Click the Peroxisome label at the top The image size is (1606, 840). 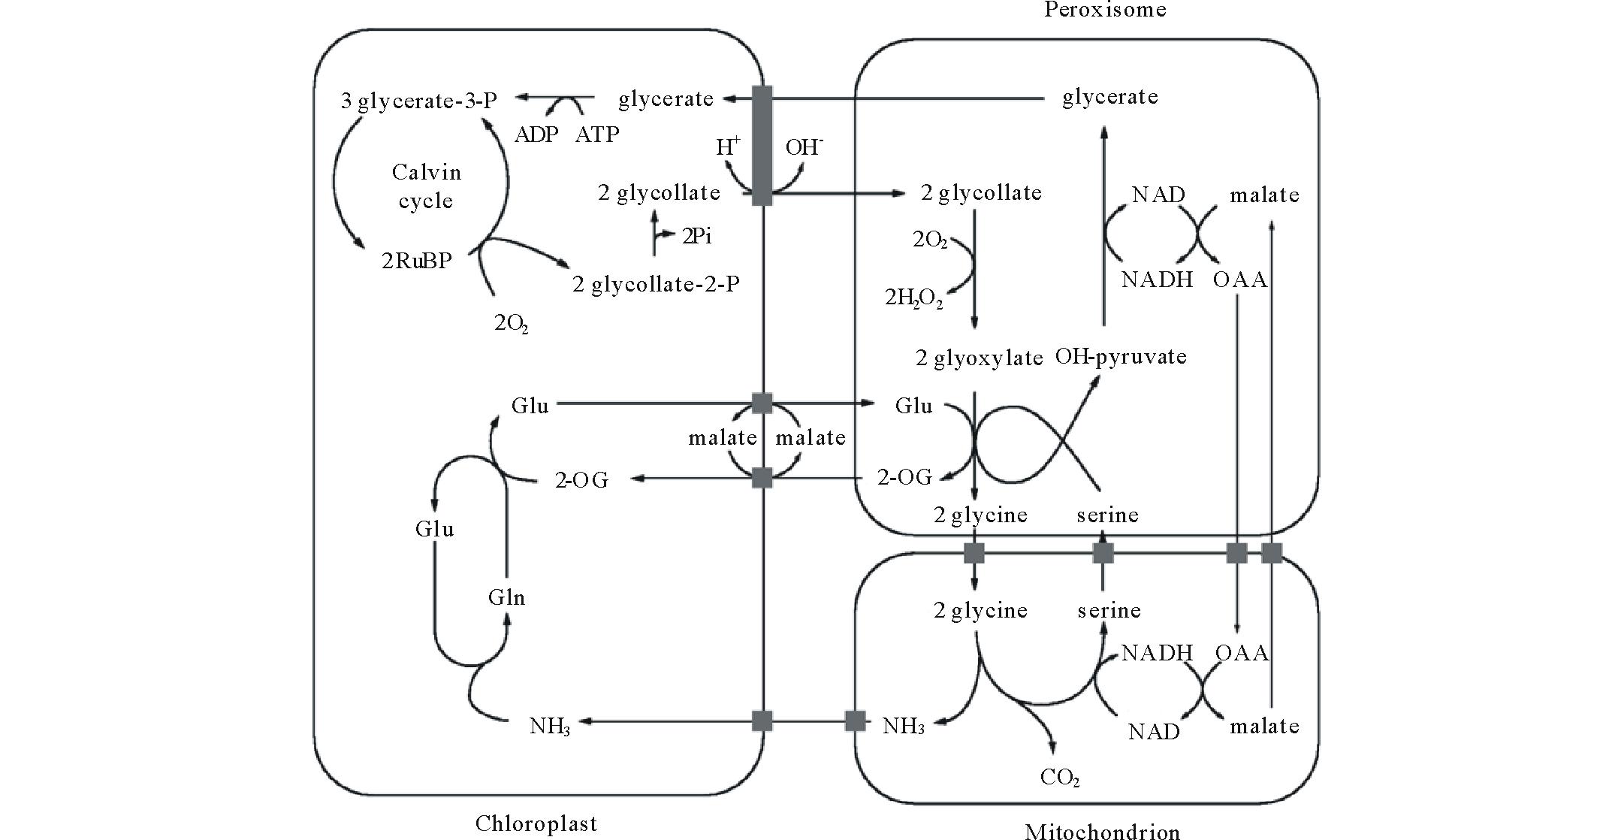pos(1104,10)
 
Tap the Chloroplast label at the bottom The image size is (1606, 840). pos(536,823)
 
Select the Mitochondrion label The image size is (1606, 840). pos(1102,832)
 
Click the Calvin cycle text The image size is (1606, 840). pos(426,186)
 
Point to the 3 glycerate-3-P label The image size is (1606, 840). pos(418,101)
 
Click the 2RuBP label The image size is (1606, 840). pos(417,261)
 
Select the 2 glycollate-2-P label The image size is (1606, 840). pos(656,284)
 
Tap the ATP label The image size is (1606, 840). pos(597,134)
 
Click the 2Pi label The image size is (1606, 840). pos(696,237)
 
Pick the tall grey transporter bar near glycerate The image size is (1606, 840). pos(762,145)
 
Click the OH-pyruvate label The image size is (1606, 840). pos(1121,356)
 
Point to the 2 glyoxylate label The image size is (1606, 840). pos(979,358)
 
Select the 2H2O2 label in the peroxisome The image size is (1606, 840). pos(913,298)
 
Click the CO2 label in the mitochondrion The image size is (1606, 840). pos(1060,777)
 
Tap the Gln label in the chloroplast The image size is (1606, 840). pos(506,597)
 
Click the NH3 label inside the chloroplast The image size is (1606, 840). pos(550,727)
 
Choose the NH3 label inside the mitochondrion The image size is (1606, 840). pos(903,727)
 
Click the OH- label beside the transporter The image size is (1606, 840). pos(804,147)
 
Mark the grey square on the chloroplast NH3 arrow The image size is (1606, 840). pos(762,721)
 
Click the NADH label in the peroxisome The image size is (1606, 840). pos(1157,279)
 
